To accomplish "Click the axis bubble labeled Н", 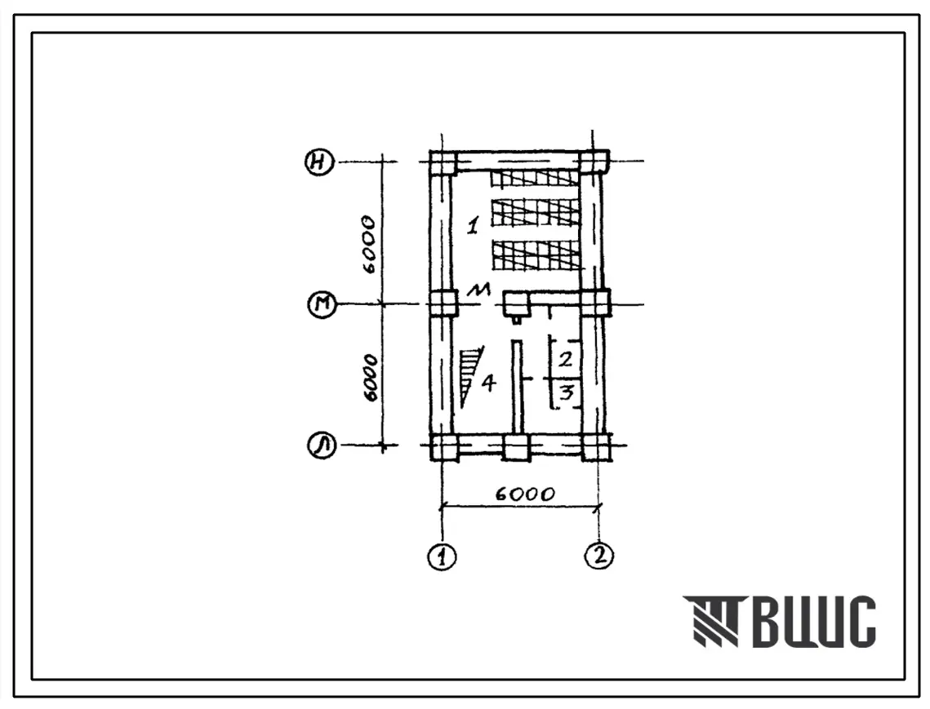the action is click(320, 162).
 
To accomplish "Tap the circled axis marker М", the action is click(322, 305).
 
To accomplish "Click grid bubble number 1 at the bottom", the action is click(443, 557).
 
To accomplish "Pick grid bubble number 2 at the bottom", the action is click(599, 556).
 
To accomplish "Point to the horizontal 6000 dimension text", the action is click(524, 494).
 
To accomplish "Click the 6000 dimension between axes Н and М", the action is click(369, 244).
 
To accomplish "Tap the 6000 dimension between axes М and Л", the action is click(370, 379).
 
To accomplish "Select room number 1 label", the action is click(473, 225).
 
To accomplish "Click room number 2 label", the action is click(566, 359).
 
